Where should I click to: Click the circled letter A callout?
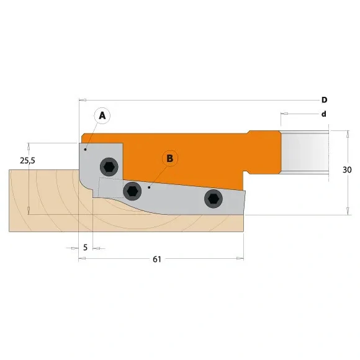103,115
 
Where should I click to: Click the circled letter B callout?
169,158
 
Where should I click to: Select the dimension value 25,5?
27,160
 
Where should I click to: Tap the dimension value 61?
156,259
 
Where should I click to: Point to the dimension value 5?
85,248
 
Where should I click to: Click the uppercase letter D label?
324,100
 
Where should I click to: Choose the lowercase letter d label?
324,114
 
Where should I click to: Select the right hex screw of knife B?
213,197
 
